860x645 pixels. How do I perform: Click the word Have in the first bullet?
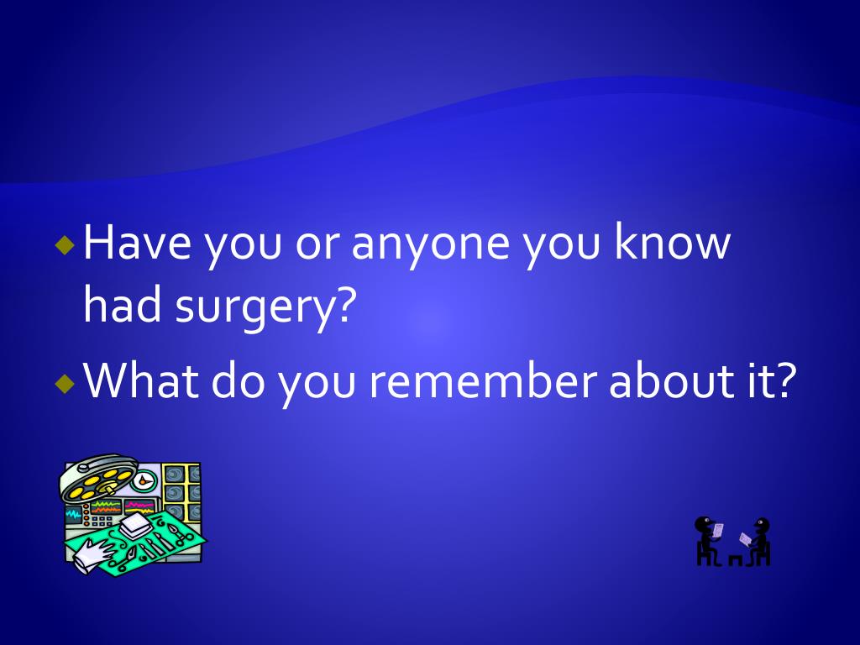click(138, 242)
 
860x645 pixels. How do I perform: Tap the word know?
click(673, 241)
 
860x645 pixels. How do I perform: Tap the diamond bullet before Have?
click(65, 245)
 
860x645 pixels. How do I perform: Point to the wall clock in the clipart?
click(144, 481)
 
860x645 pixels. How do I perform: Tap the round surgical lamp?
click(98, 478)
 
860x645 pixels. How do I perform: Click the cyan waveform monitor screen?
click(74, 514)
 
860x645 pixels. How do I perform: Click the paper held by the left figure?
click(717, 531)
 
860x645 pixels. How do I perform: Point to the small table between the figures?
click(736, 559)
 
